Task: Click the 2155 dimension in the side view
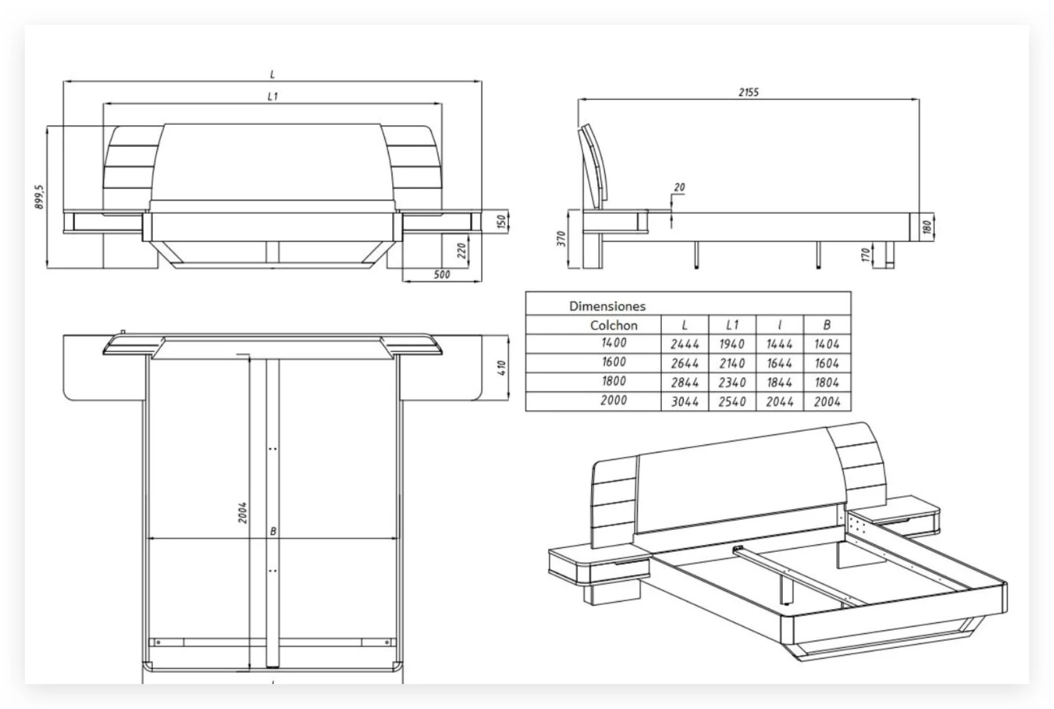click(748, 92)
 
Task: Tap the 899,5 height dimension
click(39, 197)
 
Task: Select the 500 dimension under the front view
click(441, 274)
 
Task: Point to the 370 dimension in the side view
click(561, 238)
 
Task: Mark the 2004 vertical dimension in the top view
click(243, 512)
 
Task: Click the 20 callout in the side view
click(679, 187)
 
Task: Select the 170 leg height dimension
click(865, 254)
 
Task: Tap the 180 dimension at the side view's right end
click(927, 226)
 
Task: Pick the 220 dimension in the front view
click(462, 250)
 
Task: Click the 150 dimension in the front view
click(501, 222)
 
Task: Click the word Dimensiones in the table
click(607, 306)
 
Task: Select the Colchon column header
click(614, 325)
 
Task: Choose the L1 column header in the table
click(732, 325)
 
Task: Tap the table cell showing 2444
click(684, 344)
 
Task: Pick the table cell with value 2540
click(732, 402)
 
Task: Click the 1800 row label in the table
click(614, 381)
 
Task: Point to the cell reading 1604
click(826, 363)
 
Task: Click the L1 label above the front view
click(273, 96)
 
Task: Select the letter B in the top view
click(273, 531)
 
